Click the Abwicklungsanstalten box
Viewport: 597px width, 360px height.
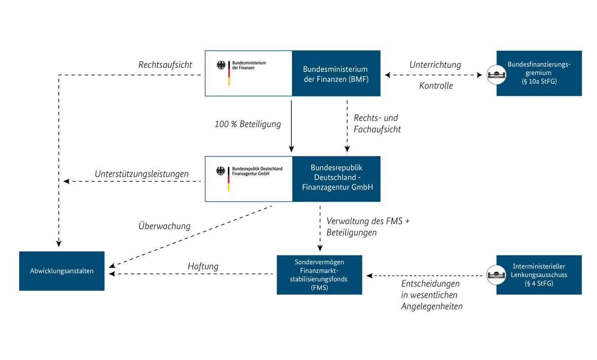coord(62,271)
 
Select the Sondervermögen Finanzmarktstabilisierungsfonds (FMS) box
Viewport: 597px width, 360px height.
coord(319,275)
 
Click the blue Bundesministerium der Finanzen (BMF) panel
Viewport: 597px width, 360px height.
coord(336,73)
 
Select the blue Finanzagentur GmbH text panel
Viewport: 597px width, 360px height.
coord(337,179)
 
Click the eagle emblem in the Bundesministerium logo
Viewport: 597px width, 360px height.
coord(221,65)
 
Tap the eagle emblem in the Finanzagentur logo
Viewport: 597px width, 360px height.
coord(221,171)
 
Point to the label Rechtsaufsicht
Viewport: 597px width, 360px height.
coord(165,65)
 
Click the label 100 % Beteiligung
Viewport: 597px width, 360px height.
coord(247,124)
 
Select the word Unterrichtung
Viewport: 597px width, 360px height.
coord(435,65)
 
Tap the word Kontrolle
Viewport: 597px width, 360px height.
coord(436,86)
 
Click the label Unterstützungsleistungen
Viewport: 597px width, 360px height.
coord(141,174)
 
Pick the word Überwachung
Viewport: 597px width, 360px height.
coord(164,226)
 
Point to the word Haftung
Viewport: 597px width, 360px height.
coord(203,266)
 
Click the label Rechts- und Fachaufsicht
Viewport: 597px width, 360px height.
coord(377,124)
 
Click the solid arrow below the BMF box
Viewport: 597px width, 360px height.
coord(291,123)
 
